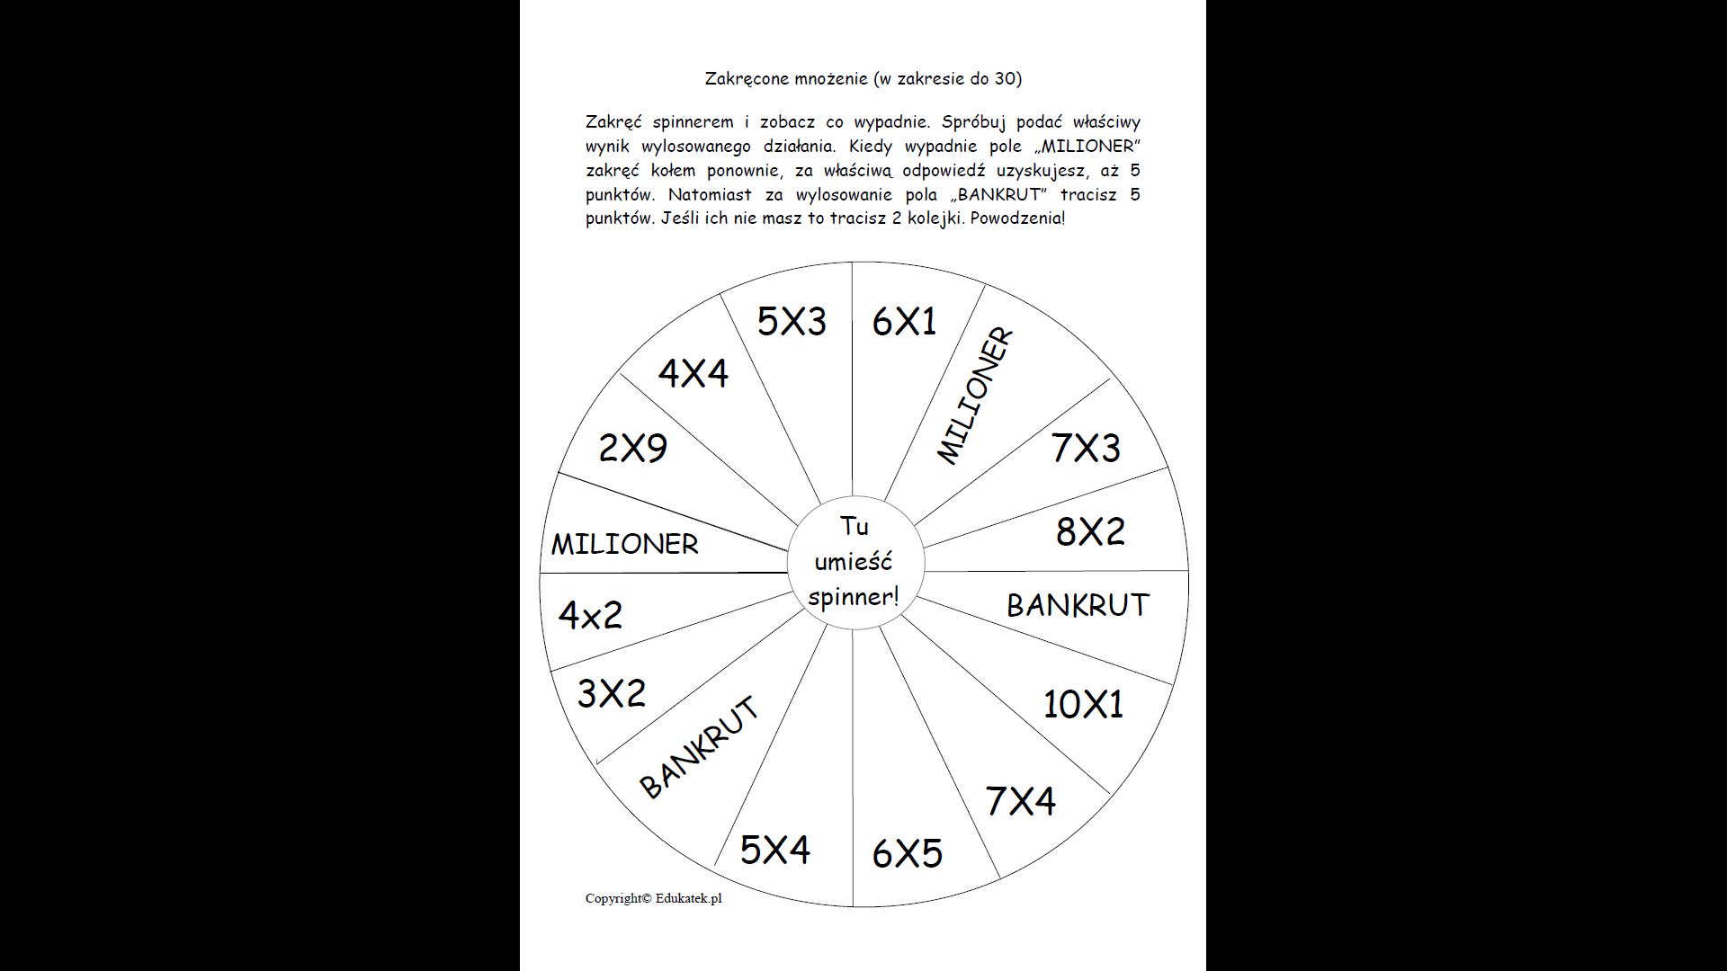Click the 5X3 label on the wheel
[x=792, y=321]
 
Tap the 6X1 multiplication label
[x=904, y=321]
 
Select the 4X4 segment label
[x=693, y=373]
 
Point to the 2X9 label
[x=633, y=448]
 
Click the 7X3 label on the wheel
[x=1086, y=448]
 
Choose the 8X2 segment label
[x=1090, y=531]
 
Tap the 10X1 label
[x=1083, y=704]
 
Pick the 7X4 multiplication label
[x=1020, y=801]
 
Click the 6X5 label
[x=907, y=853]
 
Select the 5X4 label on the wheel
[x=774, y=850]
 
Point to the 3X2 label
[x=612, y=693]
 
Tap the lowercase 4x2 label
[x=590, y=615]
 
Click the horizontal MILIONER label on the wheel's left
[x=624, y=544]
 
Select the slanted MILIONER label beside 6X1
[x=975, y=396]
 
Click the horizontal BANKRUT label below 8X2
[x=1078, y=605]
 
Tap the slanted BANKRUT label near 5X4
[x=699, y=747]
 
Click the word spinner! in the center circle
[x=853, y=596]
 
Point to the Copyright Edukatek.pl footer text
[x=653, y=898]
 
